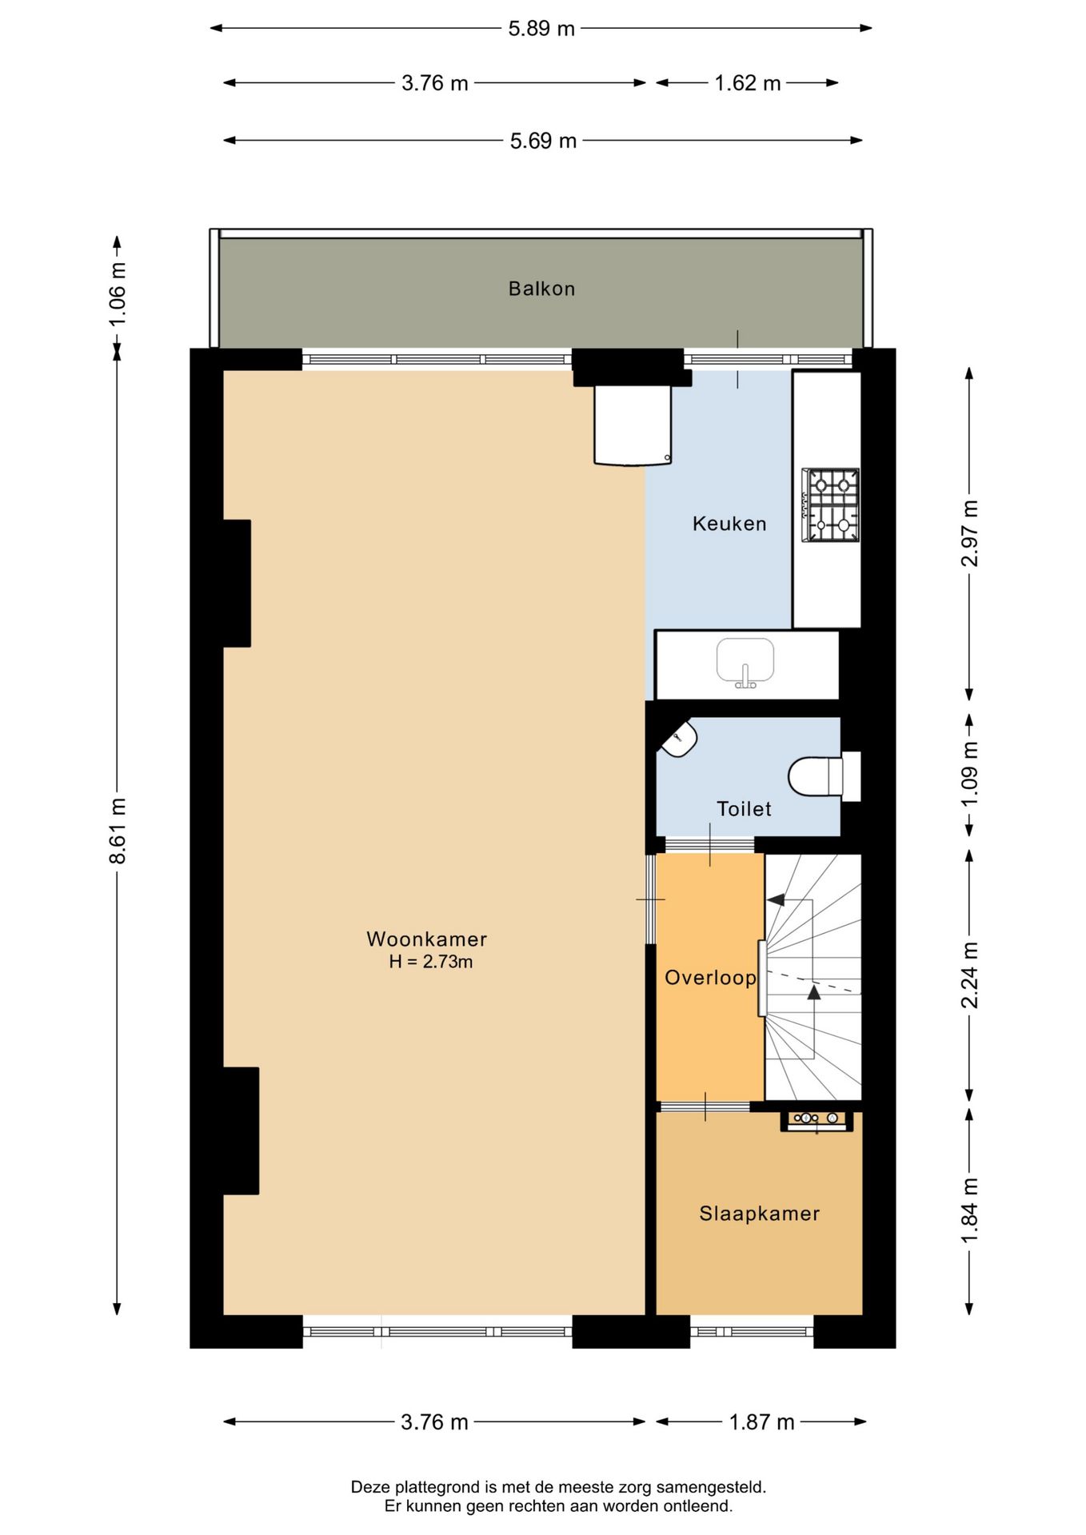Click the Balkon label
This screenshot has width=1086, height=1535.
point(541,289)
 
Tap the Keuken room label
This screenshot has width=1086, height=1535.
point(729,524)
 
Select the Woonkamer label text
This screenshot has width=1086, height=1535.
point(426,939)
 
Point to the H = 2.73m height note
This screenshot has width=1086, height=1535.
point(430,962)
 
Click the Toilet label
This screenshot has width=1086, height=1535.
point(744,809)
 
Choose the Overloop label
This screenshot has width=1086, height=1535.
point(710,977)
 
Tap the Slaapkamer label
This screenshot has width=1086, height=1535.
point(759,1213)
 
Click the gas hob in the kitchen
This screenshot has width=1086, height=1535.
point(831,505)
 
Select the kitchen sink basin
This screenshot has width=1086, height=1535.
point(745,660)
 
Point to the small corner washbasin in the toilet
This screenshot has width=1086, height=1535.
point(679,738)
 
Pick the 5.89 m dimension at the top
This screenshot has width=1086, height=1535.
point(541,29)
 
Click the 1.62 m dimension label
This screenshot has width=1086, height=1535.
point(747,83)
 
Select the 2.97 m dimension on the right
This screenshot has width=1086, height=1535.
point(969,532)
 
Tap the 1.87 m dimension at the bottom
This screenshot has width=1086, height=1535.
point(761,1421)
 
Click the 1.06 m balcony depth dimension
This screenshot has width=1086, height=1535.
point(118,294)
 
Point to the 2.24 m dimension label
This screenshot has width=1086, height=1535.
point(969,975)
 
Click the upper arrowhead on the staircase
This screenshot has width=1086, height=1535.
point(775,900)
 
